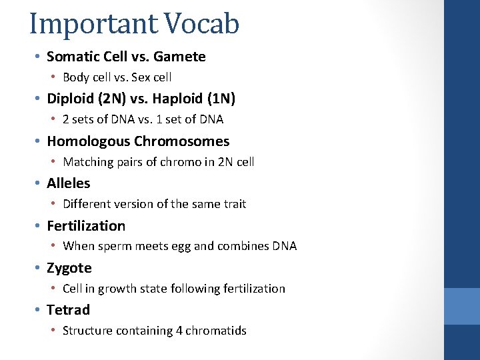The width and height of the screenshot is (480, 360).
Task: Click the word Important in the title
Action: tap(90, 23)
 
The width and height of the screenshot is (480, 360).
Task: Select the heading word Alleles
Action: tap(68, 183)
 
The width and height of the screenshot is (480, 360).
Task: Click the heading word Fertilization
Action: tap(85, 226)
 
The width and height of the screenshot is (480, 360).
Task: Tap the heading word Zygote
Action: tap(69, 268)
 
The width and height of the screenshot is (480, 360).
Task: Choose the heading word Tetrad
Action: tap(68, 310)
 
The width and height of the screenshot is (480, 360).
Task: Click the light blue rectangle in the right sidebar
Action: tap(462, 306)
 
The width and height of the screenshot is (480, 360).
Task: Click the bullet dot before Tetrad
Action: tap(39, 310)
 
